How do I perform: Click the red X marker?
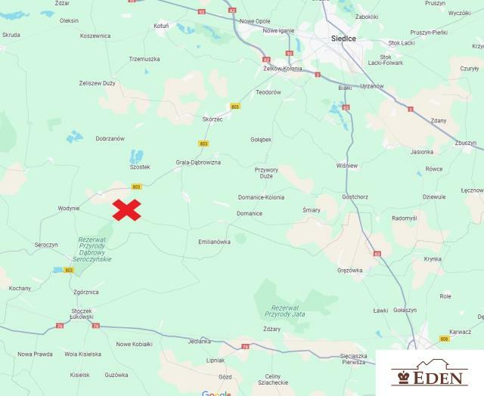[127, 210]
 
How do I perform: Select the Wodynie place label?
[69, 209]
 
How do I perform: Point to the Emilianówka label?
[214, 242]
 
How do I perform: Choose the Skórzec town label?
[213, 119]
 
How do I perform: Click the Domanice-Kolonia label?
[261, 197]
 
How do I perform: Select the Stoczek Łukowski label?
[81, 314]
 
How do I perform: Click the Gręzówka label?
[350, 270]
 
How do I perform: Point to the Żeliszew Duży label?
[97, 83]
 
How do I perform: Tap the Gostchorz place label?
[355, 197]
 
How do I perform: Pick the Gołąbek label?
[260, 139]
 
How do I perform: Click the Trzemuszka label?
[144, 59]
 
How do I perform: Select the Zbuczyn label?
[466, 143]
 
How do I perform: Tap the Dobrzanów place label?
[110, 138]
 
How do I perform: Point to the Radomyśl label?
[405, 218]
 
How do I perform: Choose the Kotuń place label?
[161, 26]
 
